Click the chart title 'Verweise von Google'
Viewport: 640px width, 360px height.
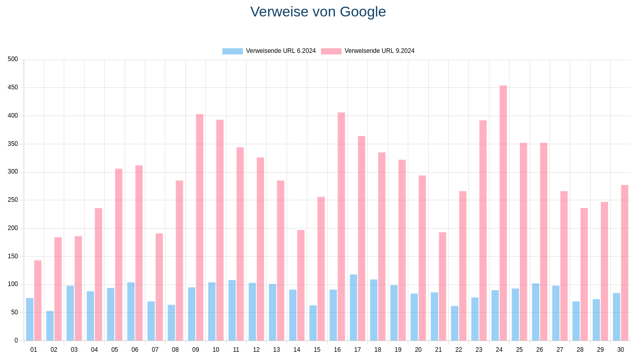(318, 12)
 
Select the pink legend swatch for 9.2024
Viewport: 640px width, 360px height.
(331, 51)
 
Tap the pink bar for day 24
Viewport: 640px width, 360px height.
(503, 213)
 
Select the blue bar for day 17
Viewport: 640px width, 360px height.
(353, 308)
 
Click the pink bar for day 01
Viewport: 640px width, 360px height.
(37, 300)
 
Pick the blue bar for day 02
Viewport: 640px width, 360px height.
(50, 326)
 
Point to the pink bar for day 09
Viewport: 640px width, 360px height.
(199, 228)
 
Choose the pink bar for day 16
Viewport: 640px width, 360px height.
(341, 226)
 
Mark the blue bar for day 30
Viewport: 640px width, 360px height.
(616, 317)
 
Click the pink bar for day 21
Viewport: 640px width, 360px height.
(442, 287)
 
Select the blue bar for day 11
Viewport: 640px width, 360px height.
(232, 310)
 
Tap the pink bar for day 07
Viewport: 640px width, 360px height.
(159, 287)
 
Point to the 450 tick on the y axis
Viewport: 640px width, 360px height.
(13, 87)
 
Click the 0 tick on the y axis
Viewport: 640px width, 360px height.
(16, 340)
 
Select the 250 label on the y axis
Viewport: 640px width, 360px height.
(13, 200)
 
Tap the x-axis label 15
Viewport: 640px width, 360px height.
(317, 350)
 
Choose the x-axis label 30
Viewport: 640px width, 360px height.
(620, 350)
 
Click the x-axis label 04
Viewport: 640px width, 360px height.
(95, 350)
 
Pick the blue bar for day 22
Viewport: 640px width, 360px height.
(455, 323)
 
